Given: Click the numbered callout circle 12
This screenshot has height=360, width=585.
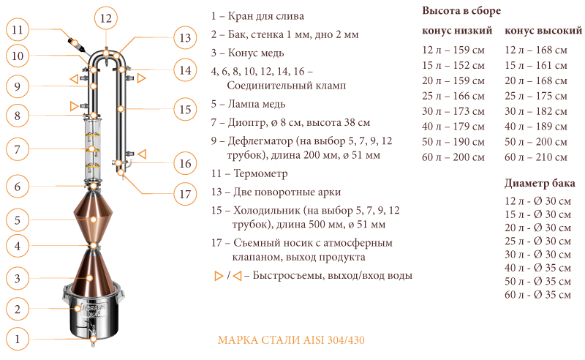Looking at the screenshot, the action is [x=105, y=18].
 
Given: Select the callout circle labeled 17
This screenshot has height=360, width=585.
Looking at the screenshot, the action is [x=185, y=195].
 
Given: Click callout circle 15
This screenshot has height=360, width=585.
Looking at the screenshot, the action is [x=185, y=110].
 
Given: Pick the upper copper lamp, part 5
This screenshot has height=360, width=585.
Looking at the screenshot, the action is [x=93, y=217].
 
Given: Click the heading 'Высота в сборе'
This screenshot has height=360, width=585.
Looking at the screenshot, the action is [x=461, y=12].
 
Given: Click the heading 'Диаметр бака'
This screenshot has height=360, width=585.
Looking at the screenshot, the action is [x=540, y=183].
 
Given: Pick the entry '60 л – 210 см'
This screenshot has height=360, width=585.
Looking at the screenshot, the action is [x=536, y=157].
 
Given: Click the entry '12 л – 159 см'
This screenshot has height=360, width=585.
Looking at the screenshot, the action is [x=453, y=50].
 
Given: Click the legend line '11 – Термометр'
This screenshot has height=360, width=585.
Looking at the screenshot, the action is [x=249, y=174].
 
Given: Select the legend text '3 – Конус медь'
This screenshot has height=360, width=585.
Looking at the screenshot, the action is [x=247, y=53].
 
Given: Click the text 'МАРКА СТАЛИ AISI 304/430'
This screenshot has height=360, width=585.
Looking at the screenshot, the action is [x=291, y=340].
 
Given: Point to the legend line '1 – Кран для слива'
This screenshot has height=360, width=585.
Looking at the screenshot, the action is [x=257, y=15].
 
